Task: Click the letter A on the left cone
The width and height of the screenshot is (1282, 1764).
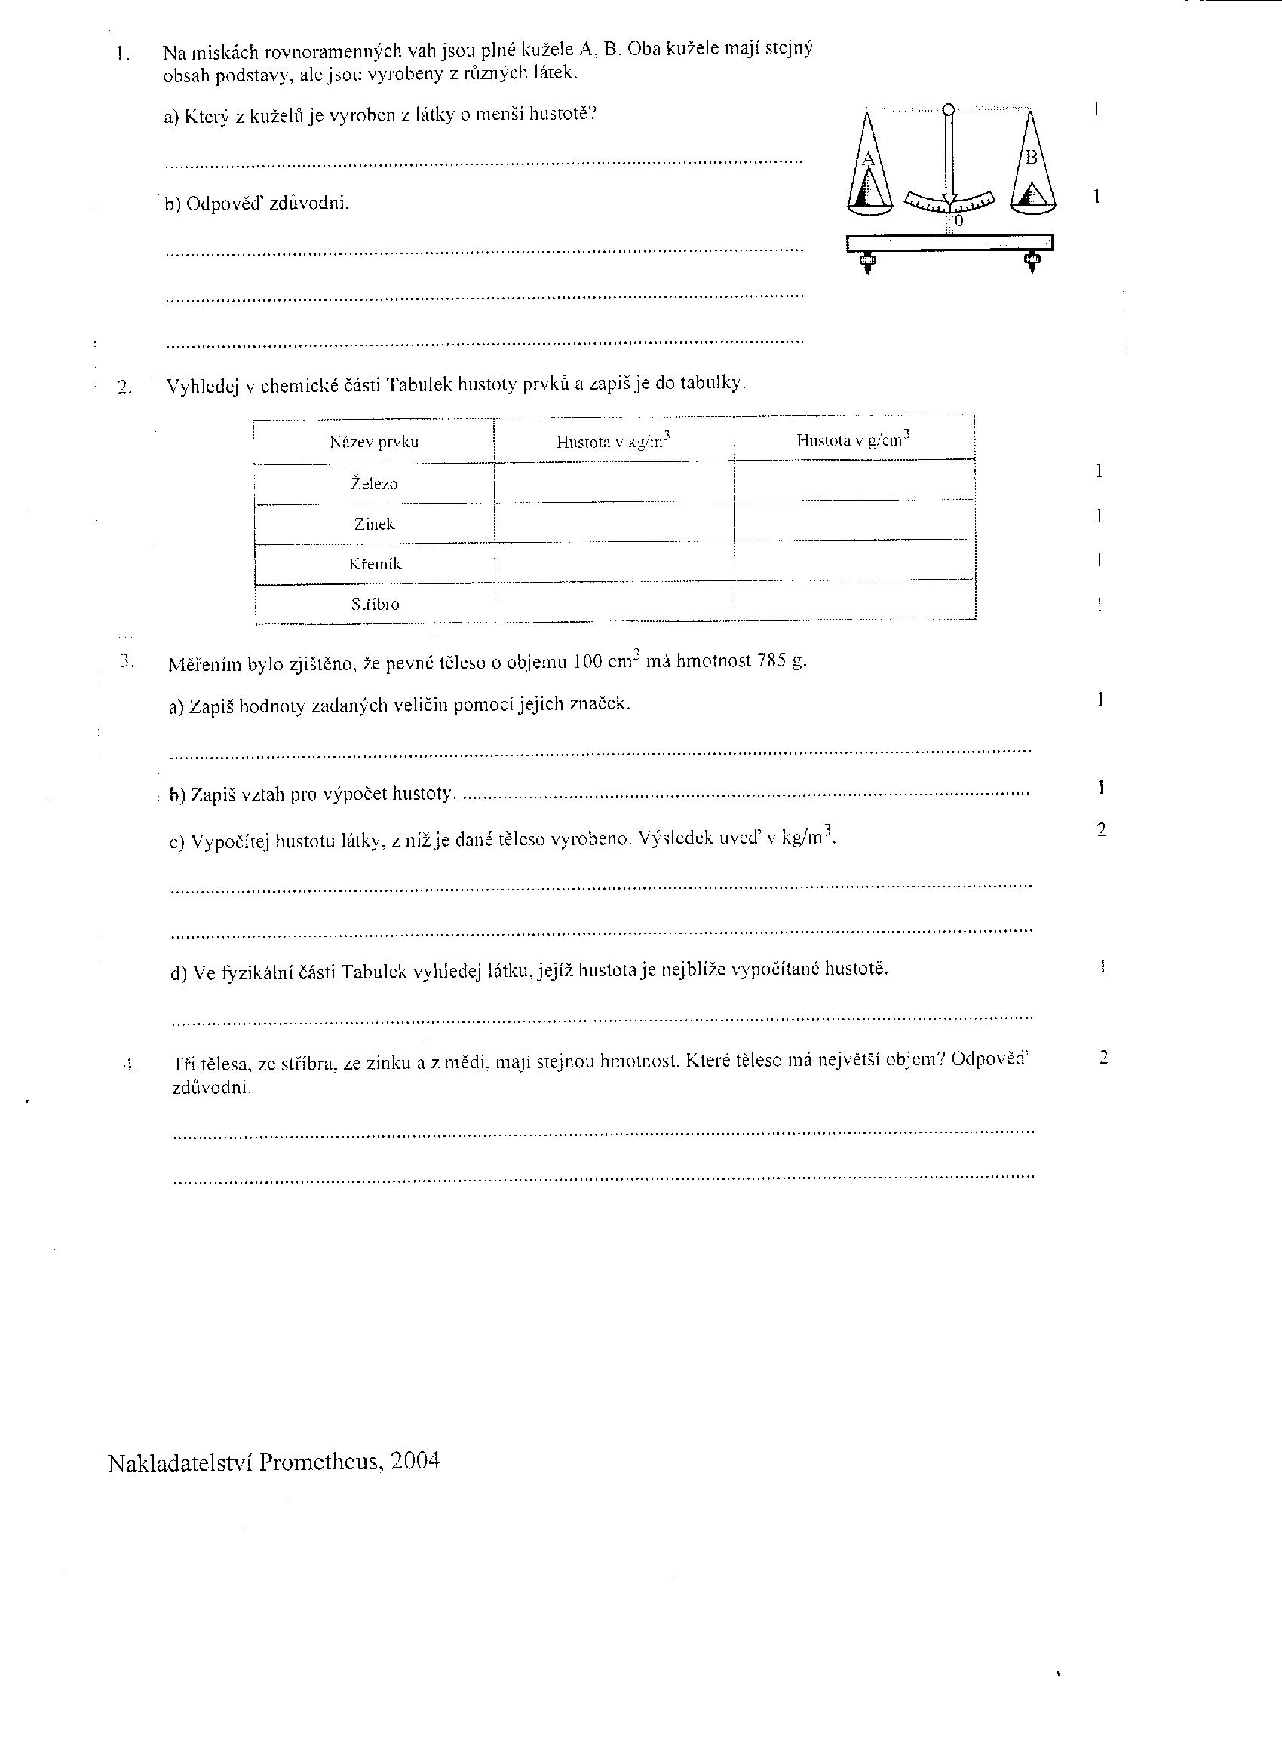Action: pyautogui.click(x=869, y=160)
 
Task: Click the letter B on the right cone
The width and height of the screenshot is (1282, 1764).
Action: pyautogui.click(x=1032, y=157)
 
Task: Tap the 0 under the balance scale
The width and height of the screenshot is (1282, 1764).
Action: pyautogui.click(x=958, y=222)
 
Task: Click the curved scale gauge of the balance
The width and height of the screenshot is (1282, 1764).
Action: pyautogui.click(x=948, y=201)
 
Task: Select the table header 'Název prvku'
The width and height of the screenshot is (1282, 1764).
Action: pyautogui.click(x=374, y=443)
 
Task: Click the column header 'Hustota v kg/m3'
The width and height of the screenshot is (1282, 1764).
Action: pyautogui.click(x=613, y=442)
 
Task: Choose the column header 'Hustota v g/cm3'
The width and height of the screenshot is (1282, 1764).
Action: pyautogui.click(x=853, y=440)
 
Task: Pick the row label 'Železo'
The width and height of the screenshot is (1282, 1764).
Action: pyautogui.click(x=374, y=484)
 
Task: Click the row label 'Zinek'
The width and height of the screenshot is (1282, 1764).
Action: pyautogui.click(x=374, y=524)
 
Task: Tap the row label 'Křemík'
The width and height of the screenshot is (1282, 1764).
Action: pyautogui.click(x=375, y=564)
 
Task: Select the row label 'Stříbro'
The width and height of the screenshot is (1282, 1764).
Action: pyautogui.click(x=375, y=605)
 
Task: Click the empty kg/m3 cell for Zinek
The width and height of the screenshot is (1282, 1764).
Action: pyautogui.click(x=614, y=523)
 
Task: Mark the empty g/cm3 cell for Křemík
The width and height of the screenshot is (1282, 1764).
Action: pyautogui.click(x=854, y=561)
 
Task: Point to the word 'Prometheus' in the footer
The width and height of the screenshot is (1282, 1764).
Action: pyautogui.click(x=320, y=1462)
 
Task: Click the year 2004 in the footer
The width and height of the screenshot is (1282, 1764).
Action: pyautogui.click(x=416, y=1461)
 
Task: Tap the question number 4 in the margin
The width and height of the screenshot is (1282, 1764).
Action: pyautogui.click(x=130, y=1065)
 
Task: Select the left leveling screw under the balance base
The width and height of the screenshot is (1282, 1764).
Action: pyautogui.click(x=865, y=263)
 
